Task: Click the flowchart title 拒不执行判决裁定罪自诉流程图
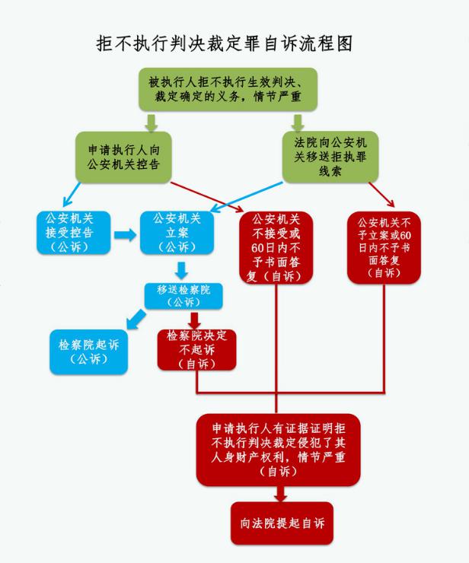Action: [x=225, y=43]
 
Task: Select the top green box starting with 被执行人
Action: [x=228, y=90]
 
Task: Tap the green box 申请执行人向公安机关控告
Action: [x=123, y=157]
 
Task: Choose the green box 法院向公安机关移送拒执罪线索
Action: [x=330, y=157]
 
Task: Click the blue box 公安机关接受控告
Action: [x=74, y=233]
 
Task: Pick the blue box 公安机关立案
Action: [x=177, y=233]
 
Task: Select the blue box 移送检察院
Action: [x=183, y=296]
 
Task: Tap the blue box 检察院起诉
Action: [x=89, y=351]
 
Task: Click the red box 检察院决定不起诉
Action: [x=196, y=350]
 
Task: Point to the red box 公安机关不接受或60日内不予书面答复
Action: [x=276, y=248]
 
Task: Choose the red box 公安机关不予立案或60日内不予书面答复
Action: [x=384, y=248]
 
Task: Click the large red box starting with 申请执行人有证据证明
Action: [x=278, y=450]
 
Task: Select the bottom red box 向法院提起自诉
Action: [x=282, y=523]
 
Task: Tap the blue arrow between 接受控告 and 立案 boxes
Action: [x=125, y=235]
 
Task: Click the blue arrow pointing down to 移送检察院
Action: [x=181, y=270]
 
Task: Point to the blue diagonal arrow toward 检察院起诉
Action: [x=136, y=320]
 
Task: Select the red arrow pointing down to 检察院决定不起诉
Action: [x=194, y=320]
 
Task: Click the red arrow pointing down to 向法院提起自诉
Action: [x=281, y=494]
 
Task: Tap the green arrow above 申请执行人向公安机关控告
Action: [x=152, y=123]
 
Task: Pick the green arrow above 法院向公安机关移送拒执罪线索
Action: [x=298, y=123]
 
